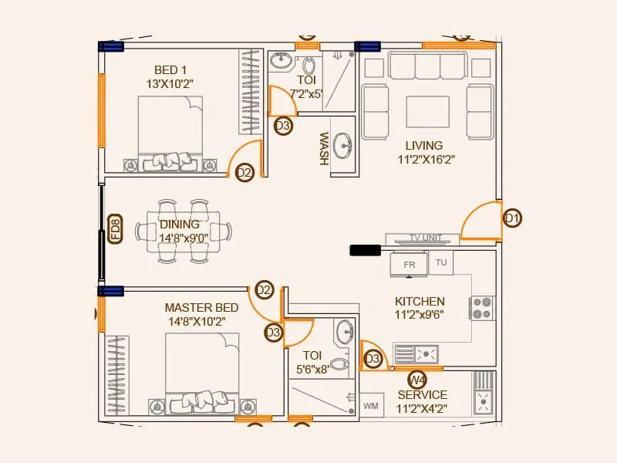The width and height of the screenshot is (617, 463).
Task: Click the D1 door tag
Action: (x=512, y=219)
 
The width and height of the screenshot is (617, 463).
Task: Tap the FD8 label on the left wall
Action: (x=115, y=230)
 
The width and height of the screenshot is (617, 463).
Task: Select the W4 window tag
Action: (x=417, y=380)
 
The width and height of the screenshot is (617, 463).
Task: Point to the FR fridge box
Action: (x=409, y=265)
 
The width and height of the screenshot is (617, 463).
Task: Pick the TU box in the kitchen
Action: (x=441, y=262)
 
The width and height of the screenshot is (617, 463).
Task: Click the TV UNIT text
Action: (x=426, y=238)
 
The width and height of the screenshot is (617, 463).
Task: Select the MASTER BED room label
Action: (x=201, y=307)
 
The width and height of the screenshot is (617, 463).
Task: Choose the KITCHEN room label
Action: (x=420, y=301)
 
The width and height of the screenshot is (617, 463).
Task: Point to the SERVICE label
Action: (x=423, y=395)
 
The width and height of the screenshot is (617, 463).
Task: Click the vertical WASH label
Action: (x=324, y=148)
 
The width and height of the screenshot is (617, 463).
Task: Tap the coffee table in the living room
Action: (x=428, y=111)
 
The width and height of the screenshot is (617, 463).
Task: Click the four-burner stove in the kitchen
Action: (x=483, y=308)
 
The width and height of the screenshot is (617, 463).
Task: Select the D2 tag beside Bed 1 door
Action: (x=244, y=173)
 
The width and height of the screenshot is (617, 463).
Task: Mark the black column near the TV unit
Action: (x=365, y=250)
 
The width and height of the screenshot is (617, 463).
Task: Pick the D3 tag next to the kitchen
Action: (x=373, y=359)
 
